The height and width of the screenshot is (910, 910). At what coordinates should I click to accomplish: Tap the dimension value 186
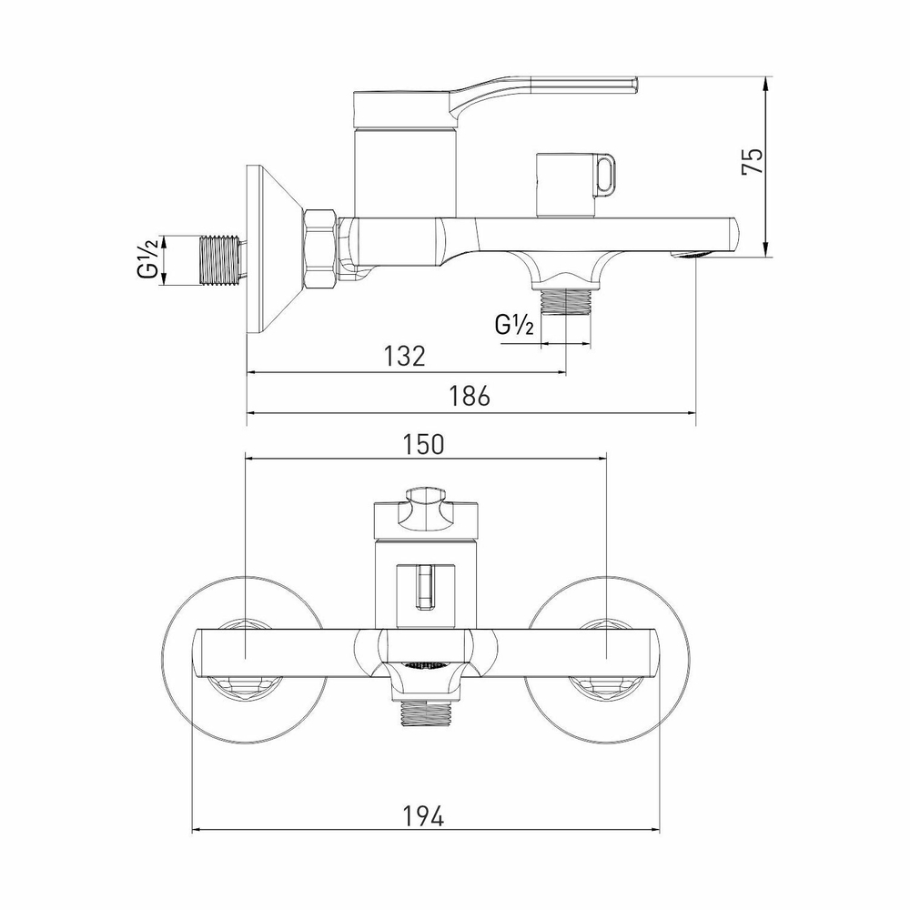click(470, 397)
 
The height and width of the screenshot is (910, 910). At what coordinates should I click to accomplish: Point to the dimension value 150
click(424, 444)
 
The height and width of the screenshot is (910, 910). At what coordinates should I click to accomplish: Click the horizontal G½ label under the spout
click(513, 325)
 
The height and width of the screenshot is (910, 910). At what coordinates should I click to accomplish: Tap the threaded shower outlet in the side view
click(565, 300)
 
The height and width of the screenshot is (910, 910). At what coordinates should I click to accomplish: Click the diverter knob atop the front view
click(424, 513)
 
